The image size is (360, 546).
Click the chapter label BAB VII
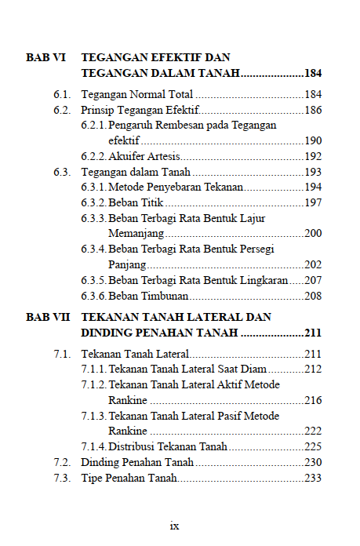pyautogui.click(x=47, y=317)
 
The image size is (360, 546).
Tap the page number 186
pyautogui.click(x=313, y=110)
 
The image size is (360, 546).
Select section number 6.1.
pyautogui.click(x=63, y=95)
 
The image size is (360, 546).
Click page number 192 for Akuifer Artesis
pyautogui.click(x=313, y=156)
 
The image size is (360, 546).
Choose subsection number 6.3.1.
pyautogui.click(x=94, y=187)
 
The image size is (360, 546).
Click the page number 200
pyautogui.click(x=313, y=233)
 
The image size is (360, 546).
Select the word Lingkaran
pyautogui.click(x=260, y=279)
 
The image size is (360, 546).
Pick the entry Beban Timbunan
pyautogui.click(x=148, y=295)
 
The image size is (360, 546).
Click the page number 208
pyautogui.click(x=313, y=295)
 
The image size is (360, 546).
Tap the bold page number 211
pyautogui.click(x=312, y=333)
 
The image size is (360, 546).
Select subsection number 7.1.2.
pyautogui.click(x=94, y=384)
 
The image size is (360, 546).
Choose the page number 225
pyautogui.click(x=313, y=446)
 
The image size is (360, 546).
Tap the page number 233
pyautogui.click(x=313, y=478)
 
